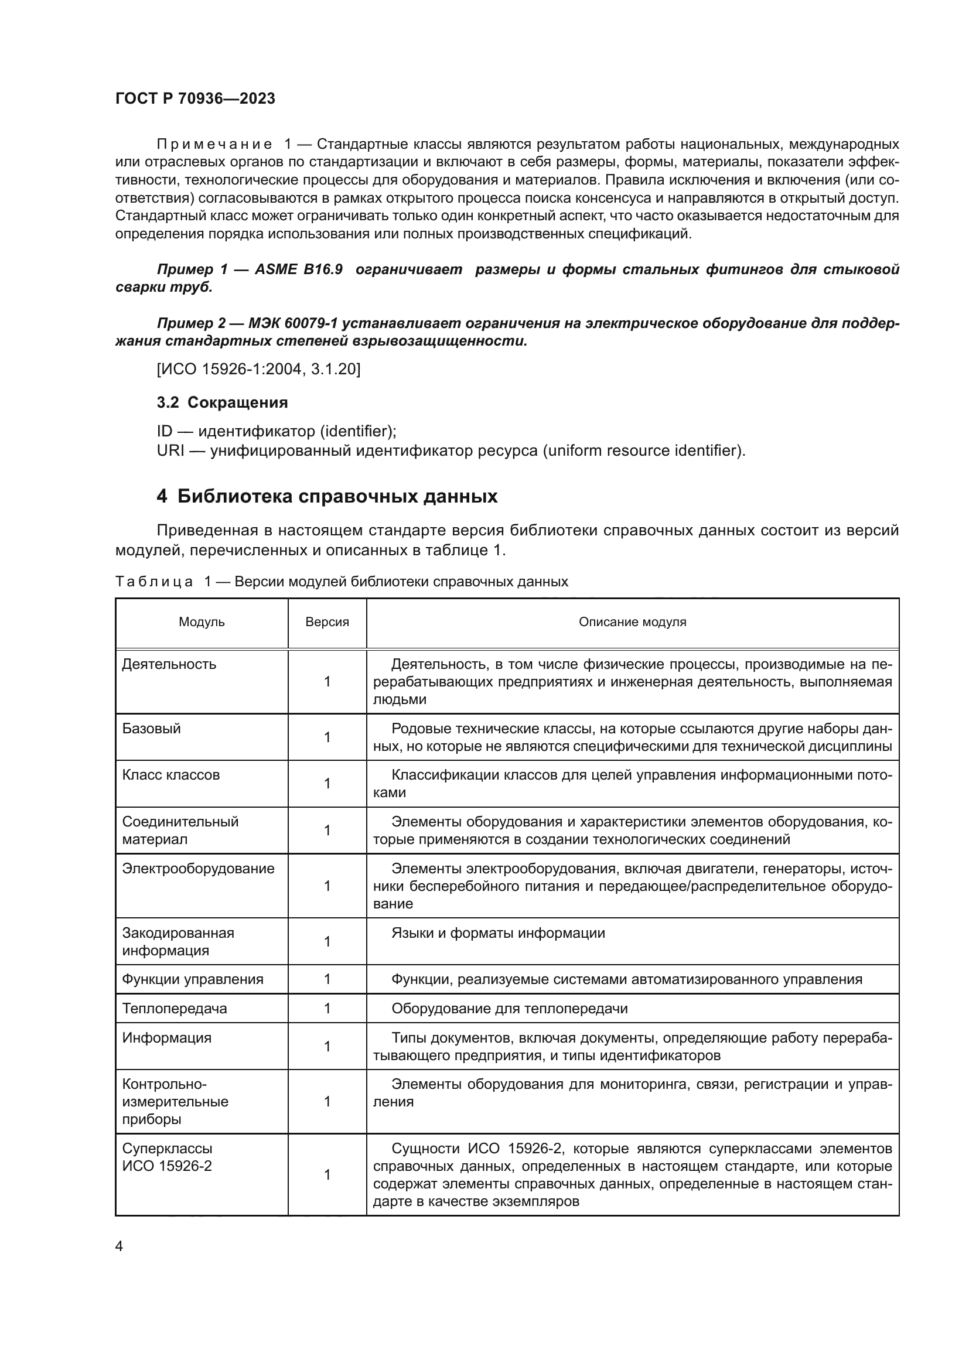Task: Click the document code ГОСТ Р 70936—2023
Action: (195, 99)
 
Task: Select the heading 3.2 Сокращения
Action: (222, 403)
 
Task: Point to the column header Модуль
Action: (202, 623)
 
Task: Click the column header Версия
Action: (327, 623)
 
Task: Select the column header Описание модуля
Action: (633, 623)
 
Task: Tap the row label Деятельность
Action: (169, 664)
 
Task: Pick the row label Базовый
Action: (151, 729)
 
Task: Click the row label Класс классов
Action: (170, 775)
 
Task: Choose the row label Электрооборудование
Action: (198, 869)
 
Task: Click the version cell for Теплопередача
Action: (327, 1009)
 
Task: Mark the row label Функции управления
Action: (192, 979)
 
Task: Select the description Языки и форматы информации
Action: (497, 933)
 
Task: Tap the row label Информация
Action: (166, 1038)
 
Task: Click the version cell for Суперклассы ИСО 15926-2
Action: (327, 1175)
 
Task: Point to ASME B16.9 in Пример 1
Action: (298, 269)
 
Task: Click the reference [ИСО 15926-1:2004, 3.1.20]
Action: (258, 370)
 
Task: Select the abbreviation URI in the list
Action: (170, 450)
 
